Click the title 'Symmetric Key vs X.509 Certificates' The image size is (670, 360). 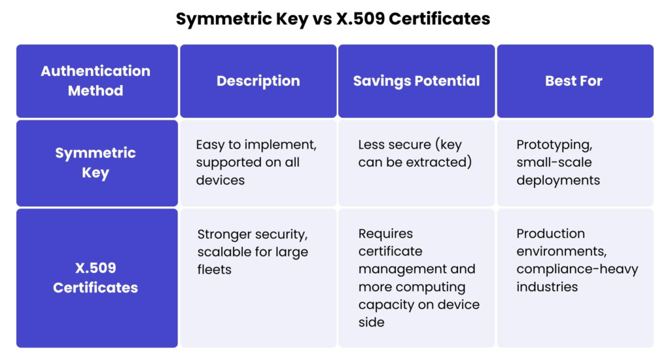coord(333,19)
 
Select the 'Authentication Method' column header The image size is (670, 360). coord(96,81)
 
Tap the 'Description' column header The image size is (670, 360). coord(258,81)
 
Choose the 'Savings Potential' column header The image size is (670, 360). coord(416,81)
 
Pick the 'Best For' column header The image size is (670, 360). coord(574,81)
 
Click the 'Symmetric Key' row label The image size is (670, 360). coord(96,163)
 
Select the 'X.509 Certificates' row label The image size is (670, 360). coord(96,278)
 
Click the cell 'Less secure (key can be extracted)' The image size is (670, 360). coord(415,153)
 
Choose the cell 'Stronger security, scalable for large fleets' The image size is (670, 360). coord(253,251)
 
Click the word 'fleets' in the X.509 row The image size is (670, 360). coord(215,269)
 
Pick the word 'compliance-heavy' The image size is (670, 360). coord(577,269)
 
